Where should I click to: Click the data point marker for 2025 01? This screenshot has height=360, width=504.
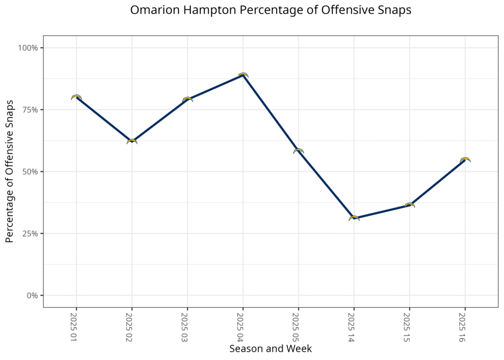76,98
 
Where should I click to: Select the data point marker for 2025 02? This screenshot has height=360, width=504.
132,141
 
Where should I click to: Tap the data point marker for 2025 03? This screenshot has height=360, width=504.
187,99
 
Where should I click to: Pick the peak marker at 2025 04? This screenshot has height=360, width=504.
243,75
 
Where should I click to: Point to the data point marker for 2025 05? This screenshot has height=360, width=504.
298,151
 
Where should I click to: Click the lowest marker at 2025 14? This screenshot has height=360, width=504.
354,218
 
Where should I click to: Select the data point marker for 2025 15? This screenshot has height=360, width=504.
409,205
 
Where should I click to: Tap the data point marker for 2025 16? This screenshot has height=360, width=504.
465,160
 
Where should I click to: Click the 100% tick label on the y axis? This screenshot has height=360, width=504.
28,48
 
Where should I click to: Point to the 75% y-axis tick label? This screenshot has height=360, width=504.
30,110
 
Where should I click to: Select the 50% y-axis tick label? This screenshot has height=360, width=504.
30,172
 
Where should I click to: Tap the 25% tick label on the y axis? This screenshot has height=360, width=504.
30,233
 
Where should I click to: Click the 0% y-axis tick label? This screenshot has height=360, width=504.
32,295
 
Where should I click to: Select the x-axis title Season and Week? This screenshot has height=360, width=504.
270,349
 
